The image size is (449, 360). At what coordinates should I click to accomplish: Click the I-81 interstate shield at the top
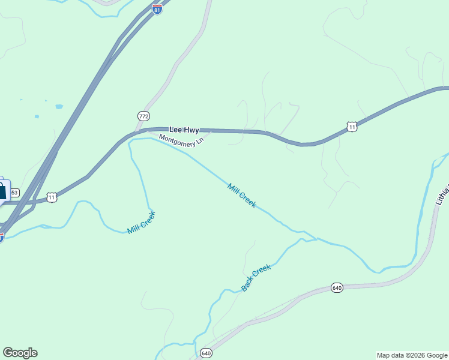[157, 10]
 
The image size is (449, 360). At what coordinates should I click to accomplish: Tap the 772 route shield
[143, 115]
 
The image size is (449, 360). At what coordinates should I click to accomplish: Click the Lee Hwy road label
[184, 130]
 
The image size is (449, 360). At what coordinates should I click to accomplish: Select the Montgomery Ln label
[182, 142]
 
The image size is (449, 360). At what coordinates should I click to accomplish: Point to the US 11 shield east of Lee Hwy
[352, 126]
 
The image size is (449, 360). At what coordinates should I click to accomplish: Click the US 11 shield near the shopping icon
[52, 197]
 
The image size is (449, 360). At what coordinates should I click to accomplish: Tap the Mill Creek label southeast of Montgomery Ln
[242, 196]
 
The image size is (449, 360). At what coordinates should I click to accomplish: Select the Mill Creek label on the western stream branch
[142, 222]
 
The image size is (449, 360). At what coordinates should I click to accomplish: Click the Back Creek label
[256, 278]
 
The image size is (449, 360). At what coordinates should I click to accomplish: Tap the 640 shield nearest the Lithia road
[336, 288]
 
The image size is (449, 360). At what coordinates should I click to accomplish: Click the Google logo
[20, 353]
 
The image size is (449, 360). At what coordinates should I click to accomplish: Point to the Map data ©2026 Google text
[412, 355]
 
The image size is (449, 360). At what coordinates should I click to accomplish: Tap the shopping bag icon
[2, 191]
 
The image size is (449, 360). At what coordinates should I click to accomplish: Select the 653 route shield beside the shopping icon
[14, 193]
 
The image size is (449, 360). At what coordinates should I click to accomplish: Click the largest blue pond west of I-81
[59, 107]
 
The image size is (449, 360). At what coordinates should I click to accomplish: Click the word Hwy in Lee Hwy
[191, 130]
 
